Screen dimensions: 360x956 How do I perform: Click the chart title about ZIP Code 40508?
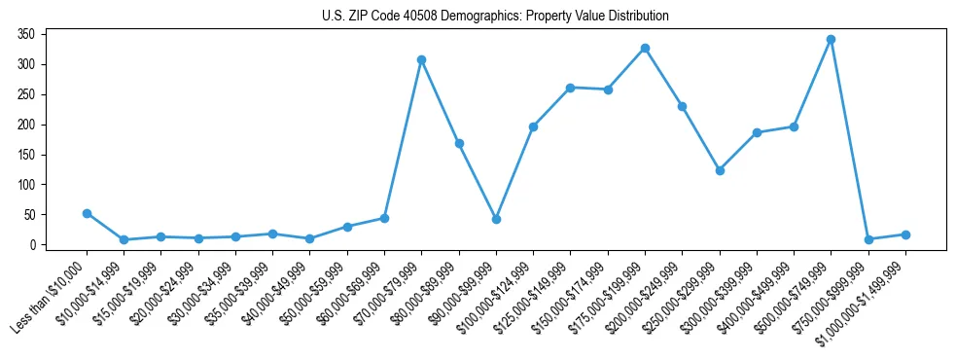[x=495, y=17]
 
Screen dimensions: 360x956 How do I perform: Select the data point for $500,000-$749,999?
[x=831, y=40]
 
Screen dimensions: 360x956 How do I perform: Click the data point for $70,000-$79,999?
[x=421, y=59]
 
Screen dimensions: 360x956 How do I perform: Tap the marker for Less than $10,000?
[x=87, y=213]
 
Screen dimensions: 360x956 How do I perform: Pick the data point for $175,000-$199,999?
[x=645, y=48]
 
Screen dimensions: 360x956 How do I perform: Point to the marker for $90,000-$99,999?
[x=496, y=219]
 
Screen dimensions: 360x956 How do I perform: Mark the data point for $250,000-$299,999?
[x=720, y=170]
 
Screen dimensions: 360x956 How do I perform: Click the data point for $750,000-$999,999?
[x=868, y=239]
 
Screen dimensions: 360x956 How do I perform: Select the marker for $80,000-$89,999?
[x=459, y=143]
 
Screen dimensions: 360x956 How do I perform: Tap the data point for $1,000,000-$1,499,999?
[x=905, y=234]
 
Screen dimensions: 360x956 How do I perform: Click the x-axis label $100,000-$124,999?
[x=504, y=292]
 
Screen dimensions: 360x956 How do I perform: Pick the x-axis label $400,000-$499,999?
[x=764, y=292]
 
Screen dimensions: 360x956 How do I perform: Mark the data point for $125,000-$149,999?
[x=571, y=88]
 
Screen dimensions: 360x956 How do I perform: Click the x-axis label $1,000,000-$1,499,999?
[x=869, y=296]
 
